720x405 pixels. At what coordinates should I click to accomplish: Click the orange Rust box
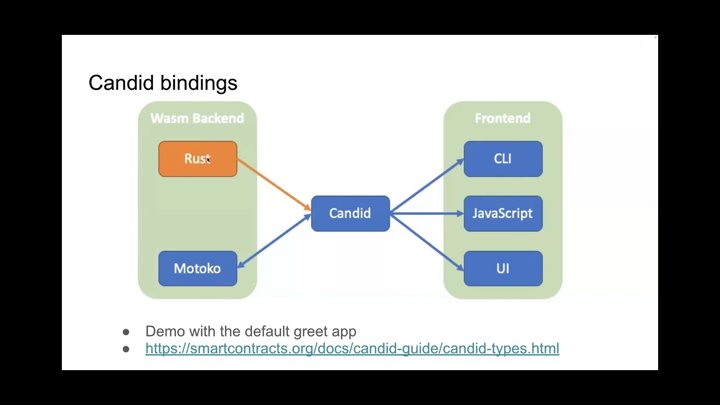tap(197, 159)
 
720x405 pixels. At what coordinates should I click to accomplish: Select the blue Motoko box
tap(197, 268)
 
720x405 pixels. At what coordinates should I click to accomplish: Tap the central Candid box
tap(350, 213)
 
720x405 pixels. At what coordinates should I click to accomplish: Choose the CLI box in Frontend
tap(503, 159)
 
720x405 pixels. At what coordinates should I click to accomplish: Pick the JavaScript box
tap(503, 213)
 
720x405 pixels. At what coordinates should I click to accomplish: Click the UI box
tap(503, 268)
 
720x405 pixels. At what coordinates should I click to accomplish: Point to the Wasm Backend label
tap(197, 118)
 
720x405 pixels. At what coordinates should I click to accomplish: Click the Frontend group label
tap(502, 118)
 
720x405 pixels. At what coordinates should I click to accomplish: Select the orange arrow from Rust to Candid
tap(274, 184)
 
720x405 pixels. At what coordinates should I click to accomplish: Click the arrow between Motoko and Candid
tap(274, 241)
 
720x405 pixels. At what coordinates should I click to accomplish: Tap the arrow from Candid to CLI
tap(426, 186)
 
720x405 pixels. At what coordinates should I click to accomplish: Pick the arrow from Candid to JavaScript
tap(426, 213)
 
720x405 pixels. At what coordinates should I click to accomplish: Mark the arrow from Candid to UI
tap(426, 241)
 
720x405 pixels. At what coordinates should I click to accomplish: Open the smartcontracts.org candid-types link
tap(352, 348)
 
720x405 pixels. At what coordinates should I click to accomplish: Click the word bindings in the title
tap(206, 83)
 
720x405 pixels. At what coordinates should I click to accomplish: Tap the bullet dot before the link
tap(126, 349)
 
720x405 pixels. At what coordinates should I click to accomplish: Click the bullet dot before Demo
tap(126, 332)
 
